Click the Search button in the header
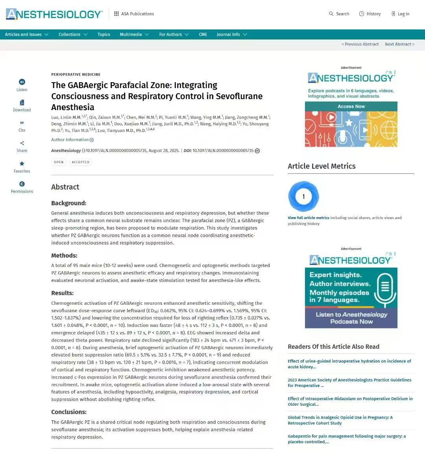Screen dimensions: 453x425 tap(339, 14)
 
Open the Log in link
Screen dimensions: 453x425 tap(400, 14)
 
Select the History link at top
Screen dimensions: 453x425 tap(370, 14)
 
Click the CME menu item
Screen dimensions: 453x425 tap(203, 35)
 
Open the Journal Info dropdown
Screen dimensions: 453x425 tap(232, 35)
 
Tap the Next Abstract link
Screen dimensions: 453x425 tap(399, 44)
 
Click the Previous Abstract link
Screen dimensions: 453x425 tap(360, 44)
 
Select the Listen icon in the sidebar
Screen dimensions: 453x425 tap(22, 82)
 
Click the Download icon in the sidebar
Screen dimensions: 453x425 tap(22, 103)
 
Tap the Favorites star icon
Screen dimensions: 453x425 tap(22, 164)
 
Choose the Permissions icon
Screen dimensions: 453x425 tap(22, 184)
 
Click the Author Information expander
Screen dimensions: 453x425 tap(72, 140)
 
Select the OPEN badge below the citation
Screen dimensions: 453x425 tap(59, 162)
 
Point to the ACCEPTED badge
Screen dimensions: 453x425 tap(80, 162)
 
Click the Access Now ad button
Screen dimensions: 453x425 tap(351, 107)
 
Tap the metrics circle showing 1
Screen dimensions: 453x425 tap(303, 196)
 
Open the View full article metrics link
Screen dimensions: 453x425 tap(308, 218)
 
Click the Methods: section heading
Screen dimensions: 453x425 tap(64, 256)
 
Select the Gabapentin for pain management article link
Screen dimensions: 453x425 tap(346, 439)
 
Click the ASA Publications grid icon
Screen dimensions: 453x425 tap(116, 14)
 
